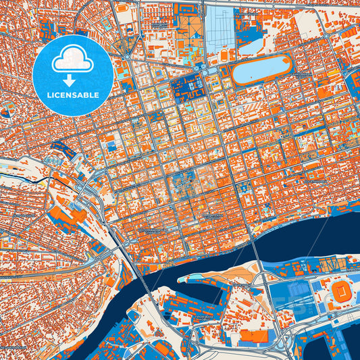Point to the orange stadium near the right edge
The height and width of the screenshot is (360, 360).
pos(341,291)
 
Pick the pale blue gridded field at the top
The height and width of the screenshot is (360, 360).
pos(220,30)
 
